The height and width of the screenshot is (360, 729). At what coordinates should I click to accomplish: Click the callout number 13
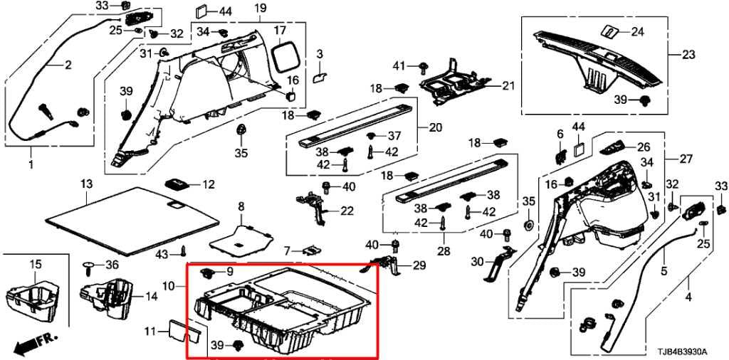[86, 185]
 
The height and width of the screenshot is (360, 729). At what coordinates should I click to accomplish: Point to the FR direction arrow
[32, 344]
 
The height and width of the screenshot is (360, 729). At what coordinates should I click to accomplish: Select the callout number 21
[506, 86]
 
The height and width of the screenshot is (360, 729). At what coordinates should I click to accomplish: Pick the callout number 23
[688, 55]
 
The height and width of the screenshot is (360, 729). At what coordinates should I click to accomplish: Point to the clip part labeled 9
[209, 272]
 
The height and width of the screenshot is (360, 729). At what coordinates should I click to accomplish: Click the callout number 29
[418, 265]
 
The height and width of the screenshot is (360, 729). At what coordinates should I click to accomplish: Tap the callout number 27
[686, 159]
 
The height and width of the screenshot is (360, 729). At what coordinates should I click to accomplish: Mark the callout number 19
[259, 9]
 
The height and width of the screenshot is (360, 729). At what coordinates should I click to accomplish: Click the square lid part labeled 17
[285, 53]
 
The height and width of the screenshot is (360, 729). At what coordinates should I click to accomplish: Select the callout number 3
[320, 55]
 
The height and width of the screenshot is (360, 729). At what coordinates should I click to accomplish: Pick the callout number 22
[347, 211]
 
